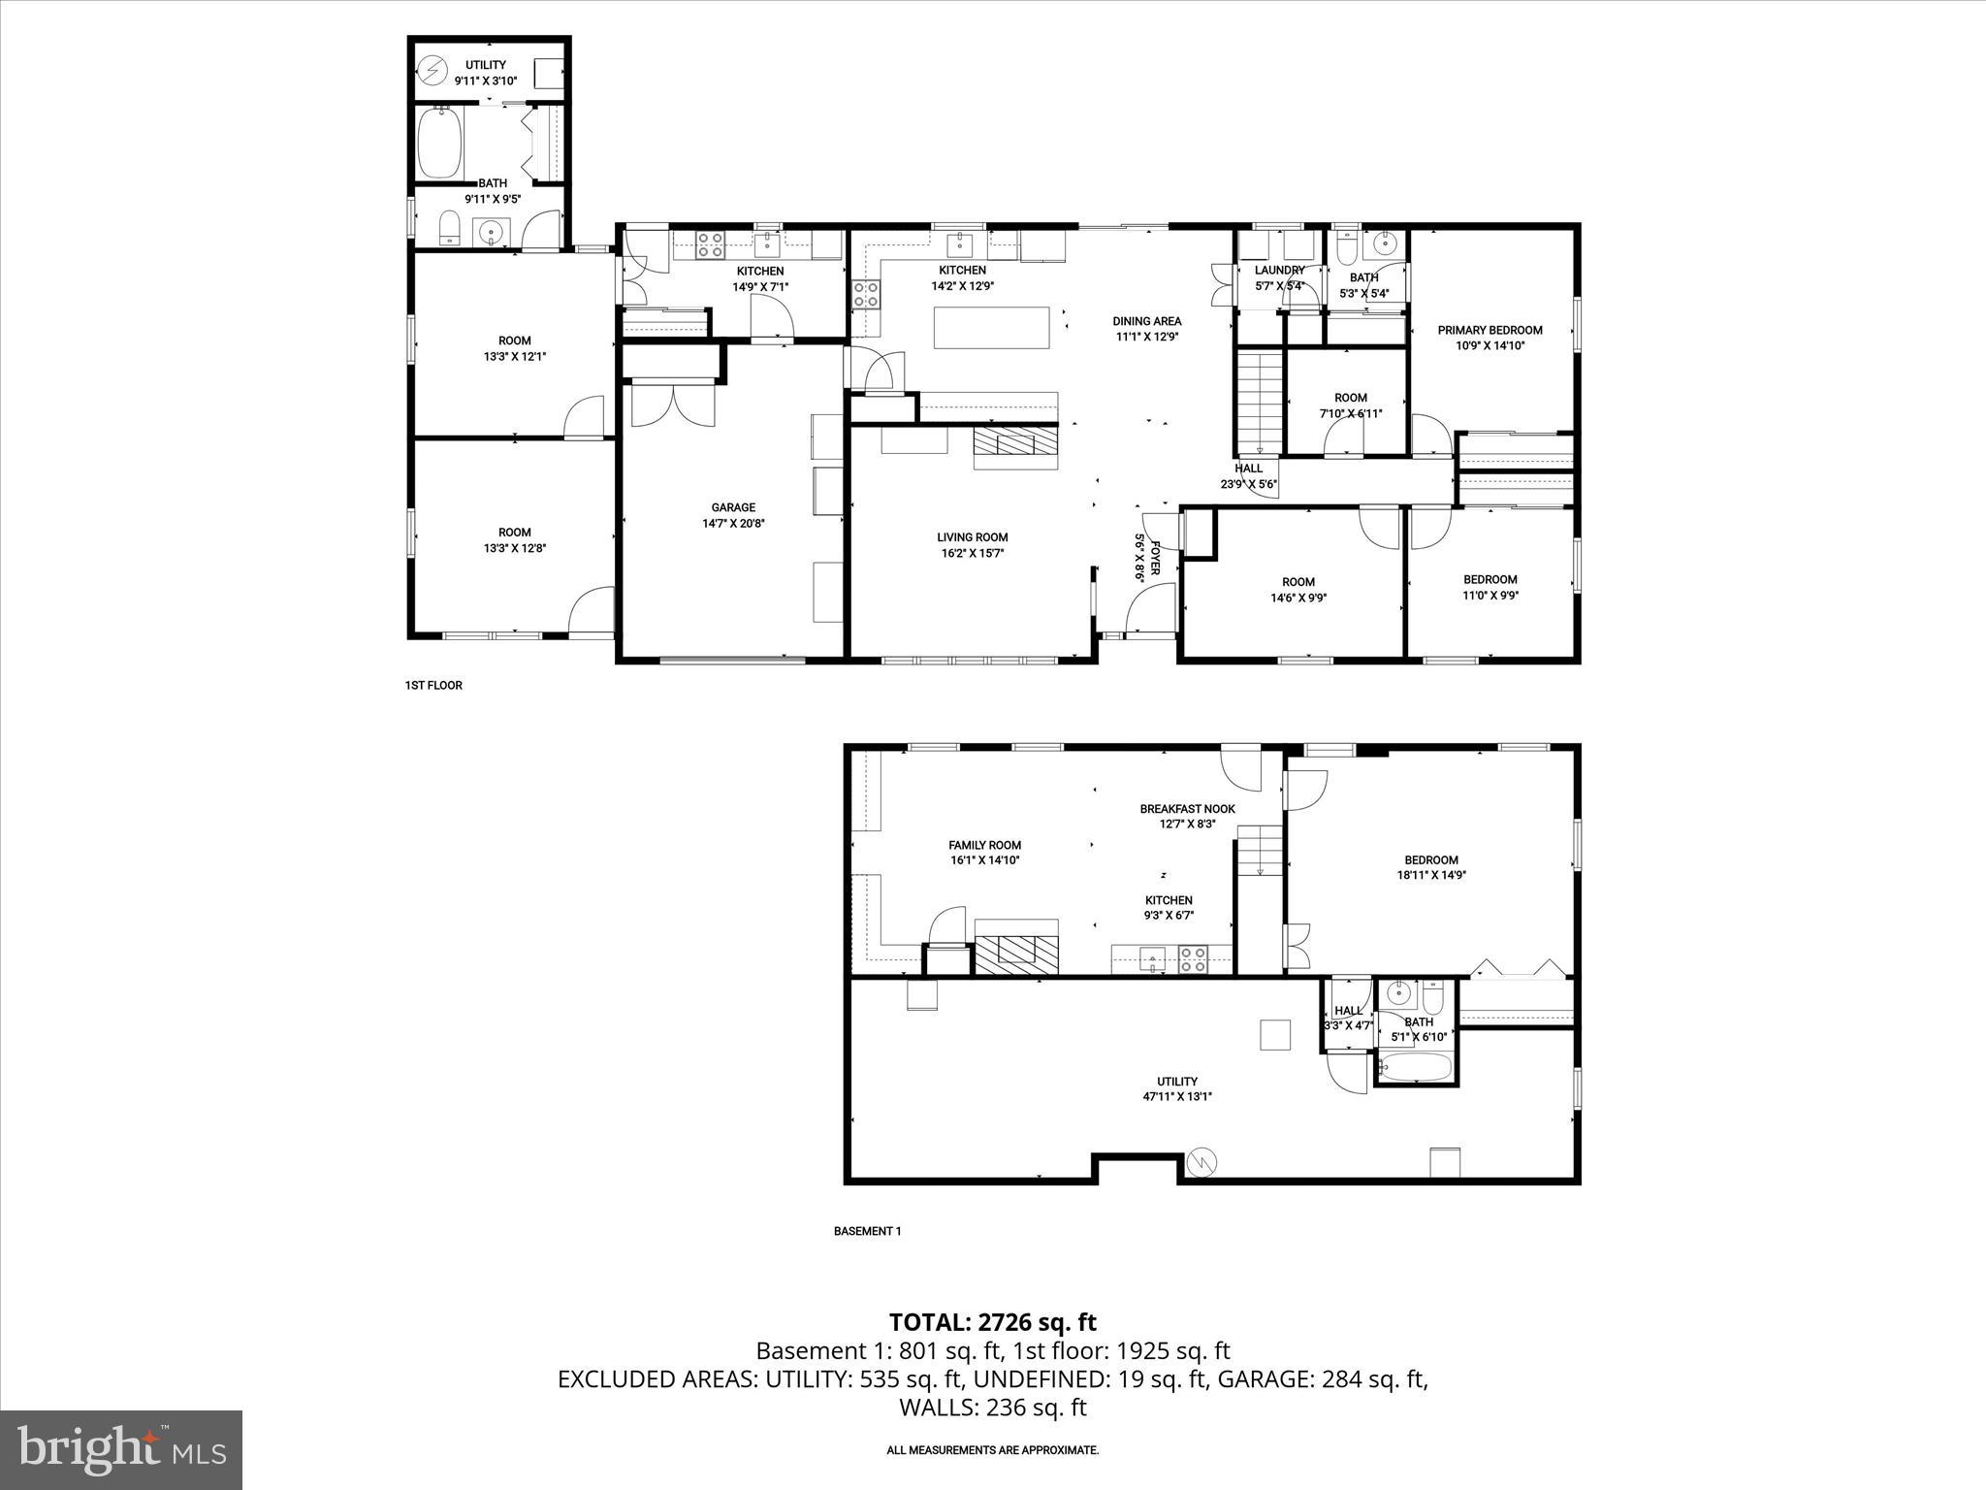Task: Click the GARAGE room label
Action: tap(733, 507)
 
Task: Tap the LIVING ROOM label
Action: tap(972, 537)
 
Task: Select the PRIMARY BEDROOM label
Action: tap(1489, 330)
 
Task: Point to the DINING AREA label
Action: tap(1146, 321)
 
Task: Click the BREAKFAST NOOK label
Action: tap(1187, 809)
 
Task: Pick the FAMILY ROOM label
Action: tap(984, 845)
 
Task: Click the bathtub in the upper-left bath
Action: tap(439, 143)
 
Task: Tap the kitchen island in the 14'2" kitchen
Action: tap(991, 327)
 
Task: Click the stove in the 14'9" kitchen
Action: tap(711, 243)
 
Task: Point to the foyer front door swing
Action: tap(1148, 611)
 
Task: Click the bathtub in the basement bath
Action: tap(1415, 1068)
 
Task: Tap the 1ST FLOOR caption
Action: tap(433, 685)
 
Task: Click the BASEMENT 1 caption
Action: tap(867, 1231)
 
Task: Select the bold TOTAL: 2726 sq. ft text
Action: tap(992, 1322)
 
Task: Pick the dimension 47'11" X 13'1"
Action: tap(1177, 1096)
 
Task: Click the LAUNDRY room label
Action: tap(1279, 271)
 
